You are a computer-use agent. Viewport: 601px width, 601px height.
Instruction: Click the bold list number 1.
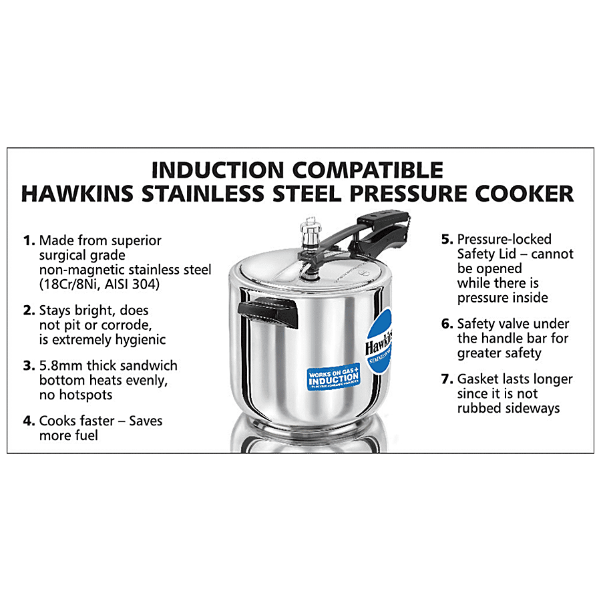(28, 240)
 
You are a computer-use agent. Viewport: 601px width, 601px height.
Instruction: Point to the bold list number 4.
(28, 421)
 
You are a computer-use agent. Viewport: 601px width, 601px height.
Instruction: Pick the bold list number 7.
(447, 379)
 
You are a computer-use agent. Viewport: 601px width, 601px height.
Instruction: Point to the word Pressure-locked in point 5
(504, 239)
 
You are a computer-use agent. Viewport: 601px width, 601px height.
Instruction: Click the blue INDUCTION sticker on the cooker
(333, 379)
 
